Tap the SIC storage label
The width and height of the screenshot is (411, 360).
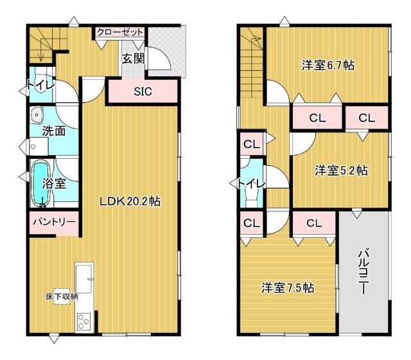[x=143, y=91]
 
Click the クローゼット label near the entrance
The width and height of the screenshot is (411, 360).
[x=119, y=32]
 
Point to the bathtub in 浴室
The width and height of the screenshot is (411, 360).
[x=40, y=183]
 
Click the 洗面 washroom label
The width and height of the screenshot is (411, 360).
[x=54, y=131]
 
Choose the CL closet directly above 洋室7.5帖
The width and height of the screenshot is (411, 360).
[x=313, y=223]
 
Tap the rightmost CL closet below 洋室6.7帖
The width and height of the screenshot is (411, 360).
[x=367, y=118]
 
